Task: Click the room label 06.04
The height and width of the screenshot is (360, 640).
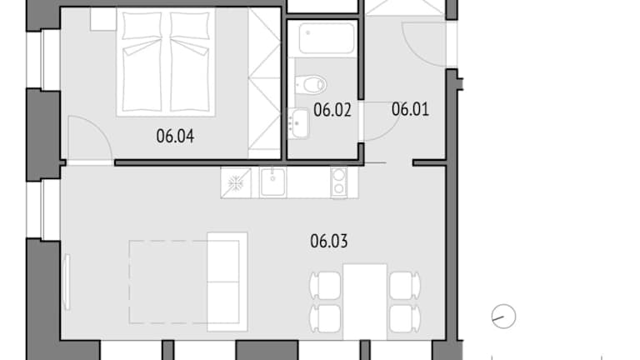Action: coord(175,136)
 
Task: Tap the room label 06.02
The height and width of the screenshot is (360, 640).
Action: coord(332,110)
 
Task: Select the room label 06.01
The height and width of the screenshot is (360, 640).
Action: coord(410,109)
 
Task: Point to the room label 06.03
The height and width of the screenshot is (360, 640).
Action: coord(329,241)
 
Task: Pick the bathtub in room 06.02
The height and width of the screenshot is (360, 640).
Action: coord(327,38)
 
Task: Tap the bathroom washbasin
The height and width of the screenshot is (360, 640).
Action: coord(299,123)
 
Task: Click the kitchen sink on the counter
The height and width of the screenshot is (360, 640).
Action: coord(272,182)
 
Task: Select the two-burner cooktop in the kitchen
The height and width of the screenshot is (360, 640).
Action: coord(338,182)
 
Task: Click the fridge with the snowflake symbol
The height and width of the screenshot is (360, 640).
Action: coord(236,182)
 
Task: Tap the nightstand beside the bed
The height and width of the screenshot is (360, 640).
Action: coord(103,19)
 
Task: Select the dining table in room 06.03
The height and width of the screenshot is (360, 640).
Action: coord(365,302)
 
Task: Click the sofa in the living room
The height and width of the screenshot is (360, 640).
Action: coord(227,282)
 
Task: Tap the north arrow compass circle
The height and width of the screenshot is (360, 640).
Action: coord(503,317)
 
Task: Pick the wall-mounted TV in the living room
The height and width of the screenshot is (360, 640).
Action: coord(67,282)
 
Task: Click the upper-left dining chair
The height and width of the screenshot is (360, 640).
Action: coord(325,285)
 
